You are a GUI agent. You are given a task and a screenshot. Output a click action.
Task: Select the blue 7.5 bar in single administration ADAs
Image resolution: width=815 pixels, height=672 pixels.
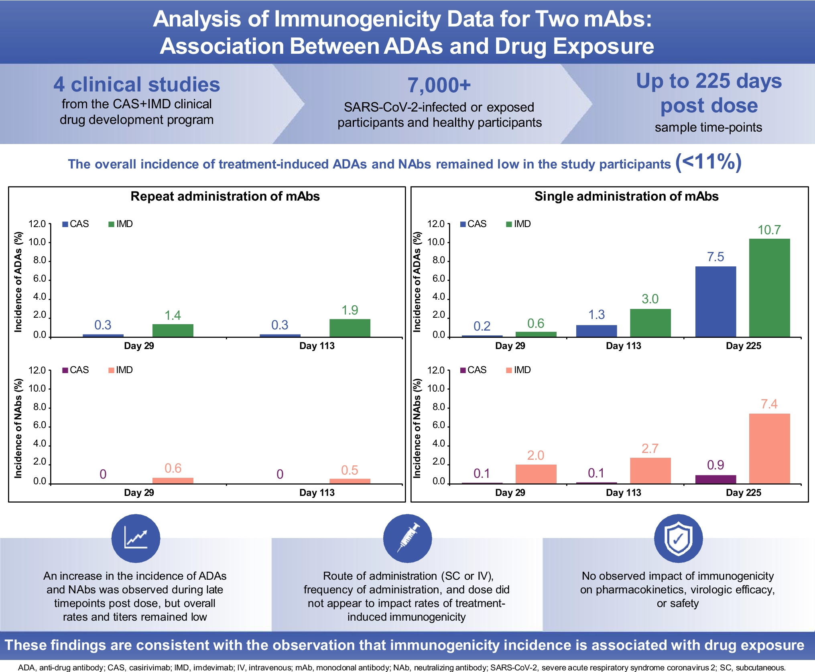click(x=715, y=301)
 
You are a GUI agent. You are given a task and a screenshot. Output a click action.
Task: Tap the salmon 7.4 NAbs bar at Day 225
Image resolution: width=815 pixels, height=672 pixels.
click(x=769, y=448)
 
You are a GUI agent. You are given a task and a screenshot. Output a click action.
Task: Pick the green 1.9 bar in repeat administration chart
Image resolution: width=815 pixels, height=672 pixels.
click(x=350, y=328)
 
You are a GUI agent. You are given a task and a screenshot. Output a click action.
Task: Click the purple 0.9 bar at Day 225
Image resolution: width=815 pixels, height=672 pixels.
click(x=715, y=479)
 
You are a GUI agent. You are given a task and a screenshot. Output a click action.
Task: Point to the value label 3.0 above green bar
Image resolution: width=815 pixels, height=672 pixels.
click(x=650, y=299)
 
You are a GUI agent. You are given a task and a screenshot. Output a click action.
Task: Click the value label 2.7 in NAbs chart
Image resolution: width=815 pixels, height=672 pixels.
click(x=650, y=448)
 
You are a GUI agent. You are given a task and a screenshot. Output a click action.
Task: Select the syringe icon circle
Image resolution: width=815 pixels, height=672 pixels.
click(x=407, y=538)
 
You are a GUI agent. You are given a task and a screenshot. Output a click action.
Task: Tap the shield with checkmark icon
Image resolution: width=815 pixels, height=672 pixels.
click(x=678, y=538)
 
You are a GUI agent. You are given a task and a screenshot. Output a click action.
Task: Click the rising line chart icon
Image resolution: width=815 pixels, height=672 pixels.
click(x=136, y=538)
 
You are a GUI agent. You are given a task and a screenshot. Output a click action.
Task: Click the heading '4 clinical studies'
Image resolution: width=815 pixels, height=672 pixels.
click(x=137, y=85)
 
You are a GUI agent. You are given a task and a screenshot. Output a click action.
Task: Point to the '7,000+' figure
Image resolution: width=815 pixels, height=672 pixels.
click(x=439, y=85)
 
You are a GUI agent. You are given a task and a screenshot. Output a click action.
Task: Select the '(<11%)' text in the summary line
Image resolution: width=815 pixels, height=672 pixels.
click(x=708, y=162)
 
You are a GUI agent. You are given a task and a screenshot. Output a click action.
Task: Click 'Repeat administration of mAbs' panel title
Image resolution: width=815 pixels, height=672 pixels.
click(x=225, y=196)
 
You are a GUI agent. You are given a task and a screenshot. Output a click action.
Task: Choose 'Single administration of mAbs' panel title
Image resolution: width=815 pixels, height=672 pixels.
click(x=626, y=196)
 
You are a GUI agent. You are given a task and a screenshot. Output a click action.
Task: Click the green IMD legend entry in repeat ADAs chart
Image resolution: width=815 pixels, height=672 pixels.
click(x=120, y=224)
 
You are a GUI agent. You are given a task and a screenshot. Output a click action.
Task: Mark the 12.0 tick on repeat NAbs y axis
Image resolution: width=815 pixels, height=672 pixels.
click(x=37, y=370)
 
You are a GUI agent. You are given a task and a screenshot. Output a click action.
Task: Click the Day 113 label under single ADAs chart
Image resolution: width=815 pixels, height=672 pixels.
click(x=623, y=346)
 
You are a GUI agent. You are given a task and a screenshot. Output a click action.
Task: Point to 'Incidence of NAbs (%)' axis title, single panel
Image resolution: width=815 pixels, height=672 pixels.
click(x=417, y=428)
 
